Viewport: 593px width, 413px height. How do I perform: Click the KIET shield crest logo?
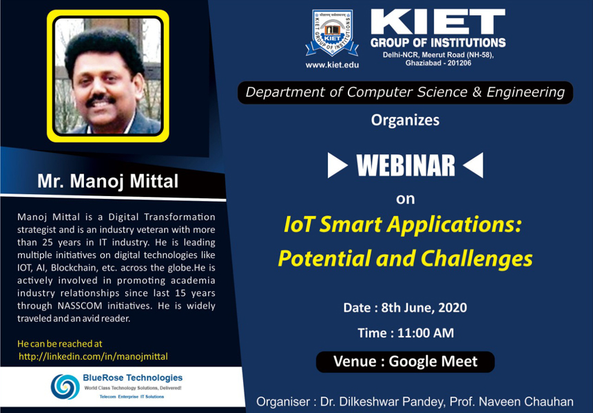click(332, 33)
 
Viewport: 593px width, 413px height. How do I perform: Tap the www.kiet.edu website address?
click(332, 65)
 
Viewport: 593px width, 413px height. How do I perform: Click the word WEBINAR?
click(406, 165)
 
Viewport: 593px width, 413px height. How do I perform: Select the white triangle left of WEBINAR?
click(337, 165)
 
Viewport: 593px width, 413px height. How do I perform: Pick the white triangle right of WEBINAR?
click(473, 165)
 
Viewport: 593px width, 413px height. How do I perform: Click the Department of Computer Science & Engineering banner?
click(405, 92)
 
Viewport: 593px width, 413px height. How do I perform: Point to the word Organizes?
click(405, 120)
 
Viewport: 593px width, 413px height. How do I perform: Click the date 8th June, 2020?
click(424, 308)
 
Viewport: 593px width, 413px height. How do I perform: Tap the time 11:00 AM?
click(426, 333)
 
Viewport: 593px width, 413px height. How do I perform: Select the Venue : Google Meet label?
click(405, 361)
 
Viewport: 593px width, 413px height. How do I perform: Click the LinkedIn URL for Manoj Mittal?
click(93, 357)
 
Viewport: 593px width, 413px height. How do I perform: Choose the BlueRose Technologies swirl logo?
click(65, 387)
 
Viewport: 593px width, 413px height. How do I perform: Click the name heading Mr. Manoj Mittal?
click(107, 181)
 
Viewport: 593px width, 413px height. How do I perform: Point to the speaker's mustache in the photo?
click(101, 100)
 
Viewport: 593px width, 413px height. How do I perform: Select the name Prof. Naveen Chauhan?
click(526, 402)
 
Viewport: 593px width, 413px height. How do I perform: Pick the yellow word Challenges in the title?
click(476, 259)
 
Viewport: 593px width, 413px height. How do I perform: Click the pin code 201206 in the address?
click(459, 63)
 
